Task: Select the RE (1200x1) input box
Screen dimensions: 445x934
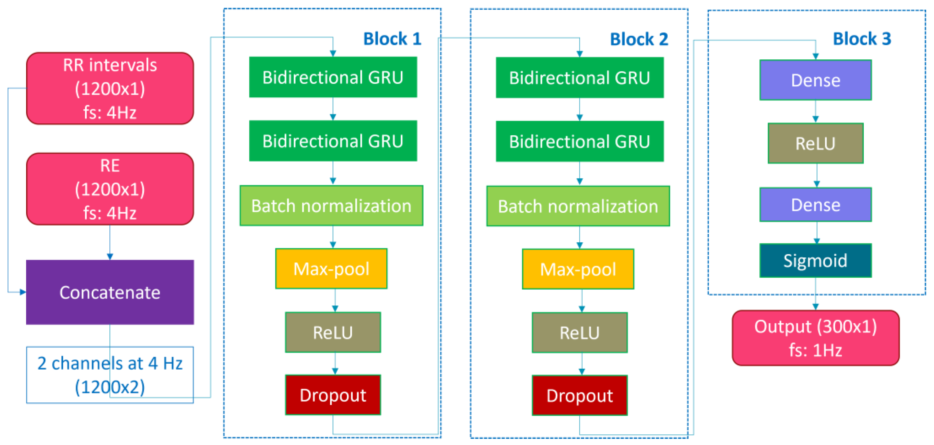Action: click(110, 189)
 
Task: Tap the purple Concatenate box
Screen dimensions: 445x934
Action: click(110, 292)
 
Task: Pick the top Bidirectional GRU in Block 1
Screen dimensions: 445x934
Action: click(333, 77)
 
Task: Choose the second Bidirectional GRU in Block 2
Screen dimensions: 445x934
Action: click(579, 141)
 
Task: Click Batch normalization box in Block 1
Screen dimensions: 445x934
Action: click(331, 206)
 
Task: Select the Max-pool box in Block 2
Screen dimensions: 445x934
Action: click(578, 269)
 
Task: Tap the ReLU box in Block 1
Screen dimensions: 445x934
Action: click(333, 332)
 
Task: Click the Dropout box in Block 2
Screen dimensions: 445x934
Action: click(579, 395)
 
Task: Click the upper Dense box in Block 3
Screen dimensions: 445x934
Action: click(815, 80)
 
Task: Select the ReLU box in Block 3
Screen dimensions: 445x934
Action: click(815, 143)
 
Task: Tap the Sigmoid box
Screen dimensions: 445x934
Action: click(815, 260)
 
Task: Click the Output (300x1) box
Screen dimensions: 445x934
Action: click(815, 338)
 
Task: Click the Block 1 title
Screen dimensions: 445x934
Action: click(392, 39)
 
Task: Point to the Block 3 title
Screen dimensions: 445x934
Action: click(862, 39)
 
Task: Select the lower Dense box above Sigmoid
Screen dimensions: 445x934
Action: click(815, 204)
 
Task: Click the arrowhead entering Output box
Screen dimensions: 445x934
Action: click(815, 307)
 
